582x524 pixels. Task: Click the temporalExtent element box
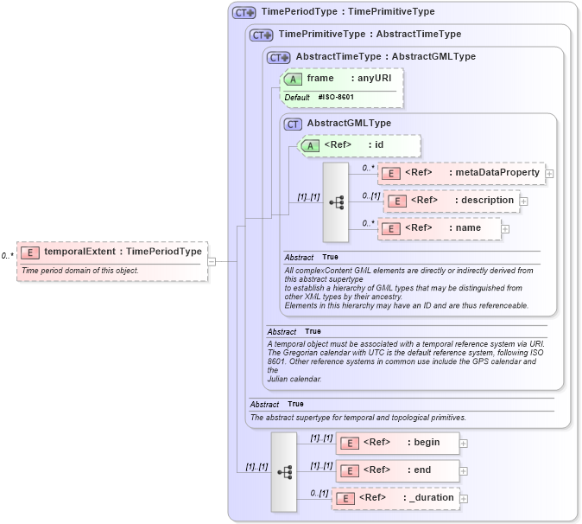(113, 252)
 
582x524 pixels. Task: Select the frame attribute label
(320, 78)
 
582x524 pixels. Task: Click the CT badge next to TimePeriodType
(245, 13)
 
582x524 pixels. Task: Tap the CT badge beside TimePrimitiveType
(262, 35)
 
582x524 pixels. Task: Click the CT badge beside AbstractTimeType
(279, 57)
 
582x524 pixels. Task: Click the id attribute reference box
(359, 145)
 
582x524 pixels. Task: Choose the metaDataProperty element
(462, 173)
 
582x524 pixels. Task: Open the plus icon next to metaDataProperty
(549, 174)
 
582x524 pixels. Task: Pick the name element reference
(440, 228)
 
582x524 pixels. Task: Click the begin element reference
(397, 443)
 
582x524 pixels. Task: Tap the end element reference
(397, 470)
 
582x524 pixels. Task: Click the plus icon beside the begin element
(464, 444)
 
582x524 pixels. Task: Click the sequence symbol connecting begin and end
(284, 472)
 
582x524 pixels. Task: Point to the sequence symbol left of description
(336, 202)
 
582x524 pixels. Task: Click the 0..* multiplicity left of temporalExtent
(7, 255)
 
